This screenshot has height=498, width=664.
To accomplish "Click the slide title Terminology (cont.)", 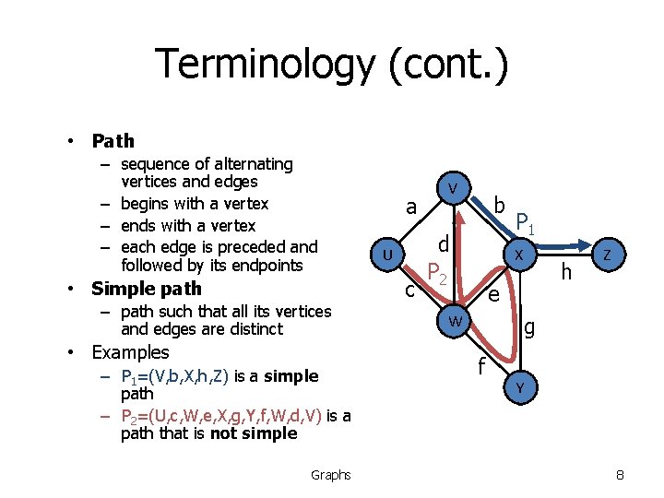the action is tap(331, 65).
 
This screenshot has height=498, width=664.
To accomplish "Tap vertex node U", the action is tap(389, 254).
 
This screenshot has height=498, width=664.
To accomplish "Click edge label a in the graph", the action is tap(412, 207).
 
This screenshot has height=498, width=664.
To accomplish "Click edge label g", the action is tap(529, 326).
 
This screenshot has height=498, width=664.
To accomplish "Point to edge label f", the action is tap(480, 368).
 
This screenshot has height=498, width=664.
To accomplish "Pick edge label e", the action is tap(493, 294).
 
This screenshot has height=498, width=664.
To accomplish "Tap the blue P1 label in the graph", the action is tap(526, 222).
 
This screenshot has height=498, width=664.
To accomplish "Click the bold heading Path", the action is tap(113, 141).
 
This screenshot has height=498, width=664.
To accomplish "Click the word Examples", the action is tap(130, 352).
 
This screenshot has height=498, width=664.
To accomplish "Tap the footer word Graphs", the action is tap(330, 475).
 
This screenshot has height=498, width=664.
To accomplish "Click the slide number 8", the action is tap(620, 475).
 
